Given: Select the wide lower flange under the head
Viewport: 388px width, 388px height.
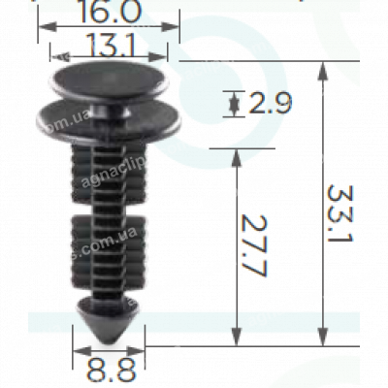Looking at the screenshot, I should [108, 122].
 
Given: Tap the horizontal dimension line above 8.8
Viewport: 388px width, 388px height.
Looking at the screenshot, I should [109, 352].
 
